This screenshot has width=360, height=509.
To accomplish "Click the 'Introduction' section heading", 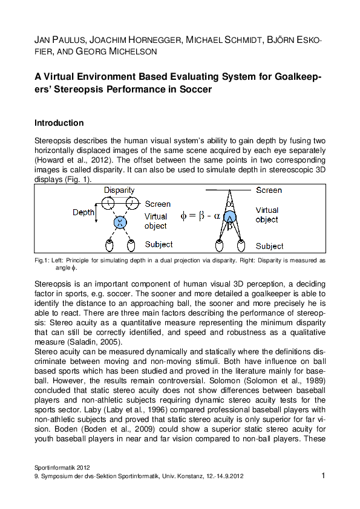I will [x=59, y=123].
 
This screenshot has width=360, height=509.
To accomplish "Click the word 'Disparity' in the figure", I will [x=119, y=190].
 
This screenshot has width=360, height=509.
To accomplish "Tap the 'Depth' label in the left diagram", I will [x=83, y=212].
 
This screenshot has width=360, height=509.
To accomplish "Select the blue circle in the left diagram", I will [x=119, y=223].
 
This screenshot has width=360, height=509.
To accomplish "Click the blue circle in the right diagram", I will [x=230, y=216].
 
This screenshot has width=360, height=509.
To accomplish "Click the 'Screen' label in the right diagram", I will [x=269, y=190].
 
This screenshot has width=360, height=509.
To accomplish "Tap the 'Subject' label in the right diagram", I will [x=269, y=246].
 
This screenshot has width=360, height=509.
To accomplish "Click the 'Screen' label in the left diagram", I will [x=158, y=204].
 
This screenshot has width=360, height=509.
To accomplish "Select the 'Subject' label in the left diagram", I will [x=159, y=244].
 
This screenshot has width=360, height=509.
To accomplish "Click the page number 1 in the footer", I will [x=323, y=476].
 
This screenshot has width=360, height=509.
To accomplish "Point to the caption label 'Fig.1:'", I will [x=42, y=260].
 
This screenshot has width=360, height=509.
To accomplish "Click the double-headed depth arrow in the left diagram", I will [x=97, y=212].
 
